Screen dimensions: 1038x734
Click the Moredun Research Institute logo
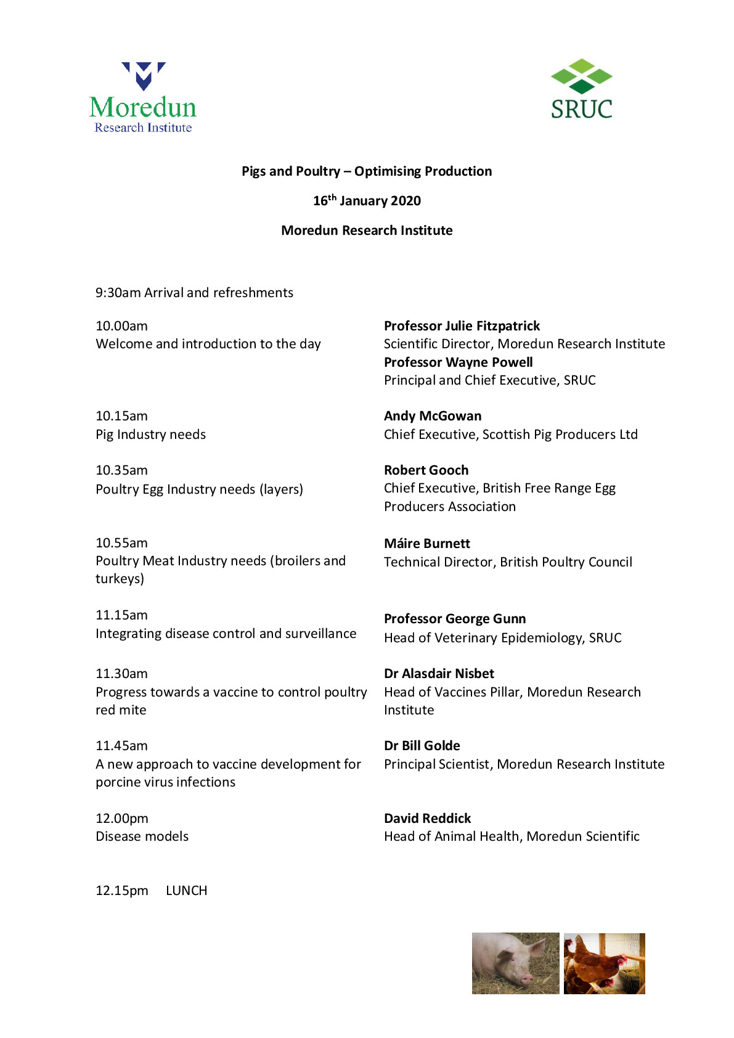143,98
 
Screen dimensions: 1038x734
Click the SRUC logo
581,89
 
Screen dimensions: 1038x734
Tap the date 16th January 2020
367,200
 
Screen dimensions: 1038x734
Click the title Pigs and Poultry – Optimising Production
367,171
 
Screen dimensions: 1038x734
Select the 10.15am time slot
121,416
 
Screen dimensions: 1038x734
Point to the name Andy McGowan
433,416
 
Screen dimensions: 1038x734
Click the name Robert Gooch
426,470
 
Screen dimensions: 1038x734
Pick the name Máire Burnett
426,544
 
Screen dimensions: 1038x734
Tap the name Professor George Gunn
455,619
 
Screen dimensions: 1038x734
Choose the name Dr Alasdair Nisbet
439,674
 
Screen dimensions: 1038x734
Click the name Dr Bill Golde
422,746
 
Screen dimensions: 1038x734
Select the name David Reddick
427,819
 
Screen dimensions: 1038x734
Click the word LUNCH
186,891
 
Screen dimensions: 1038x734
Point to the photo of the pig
515,963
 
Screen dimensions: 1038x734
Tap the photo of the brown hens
604,963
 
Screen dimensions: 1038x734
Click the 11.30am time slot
121,674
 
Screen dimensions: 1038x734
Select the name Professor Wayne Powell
458,362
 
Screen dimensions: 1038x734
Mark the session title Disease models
142,836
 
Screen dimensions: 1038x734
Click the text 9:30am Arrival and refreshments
194,293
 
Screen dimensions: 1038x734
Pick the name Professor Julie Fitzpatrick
462,326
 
